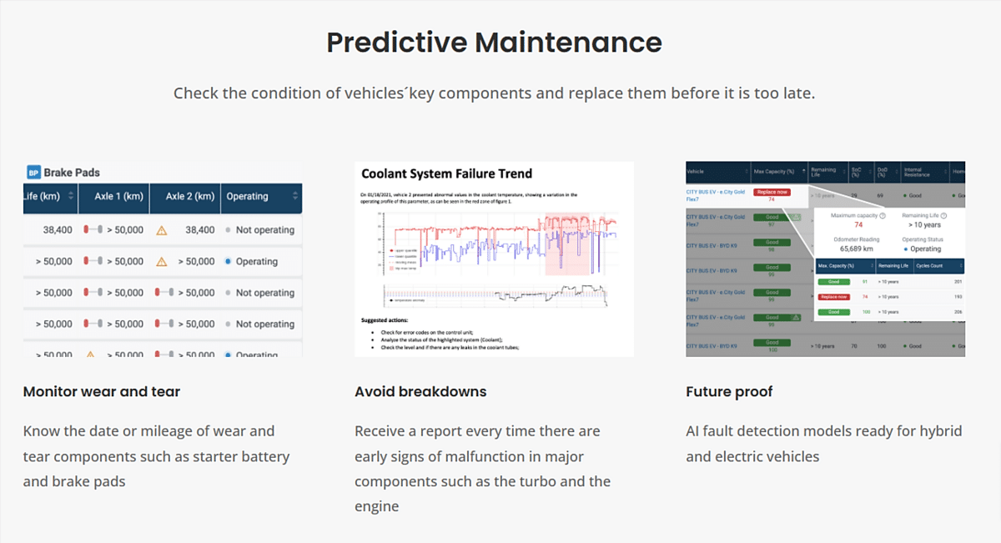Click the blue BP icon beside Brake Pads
point(33,173)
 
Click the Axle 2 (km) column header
point(186,197)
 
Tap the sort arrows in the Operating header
point(295,197)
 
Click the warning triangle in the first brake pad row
point(162,229)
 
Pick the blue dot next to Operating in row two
point(229,261)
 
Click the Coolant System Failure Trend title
point(446,174)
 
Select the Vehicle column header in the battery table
point(696,172)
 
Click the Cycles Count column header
point(930,266)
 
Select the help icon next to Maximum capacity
point(883,215)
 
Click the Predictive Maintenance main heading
point(494,42)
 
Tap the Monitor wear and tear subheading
point(102,391)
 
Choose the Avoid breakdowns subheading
point(420,391)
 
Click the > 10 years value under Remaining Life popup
point(924,225)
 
